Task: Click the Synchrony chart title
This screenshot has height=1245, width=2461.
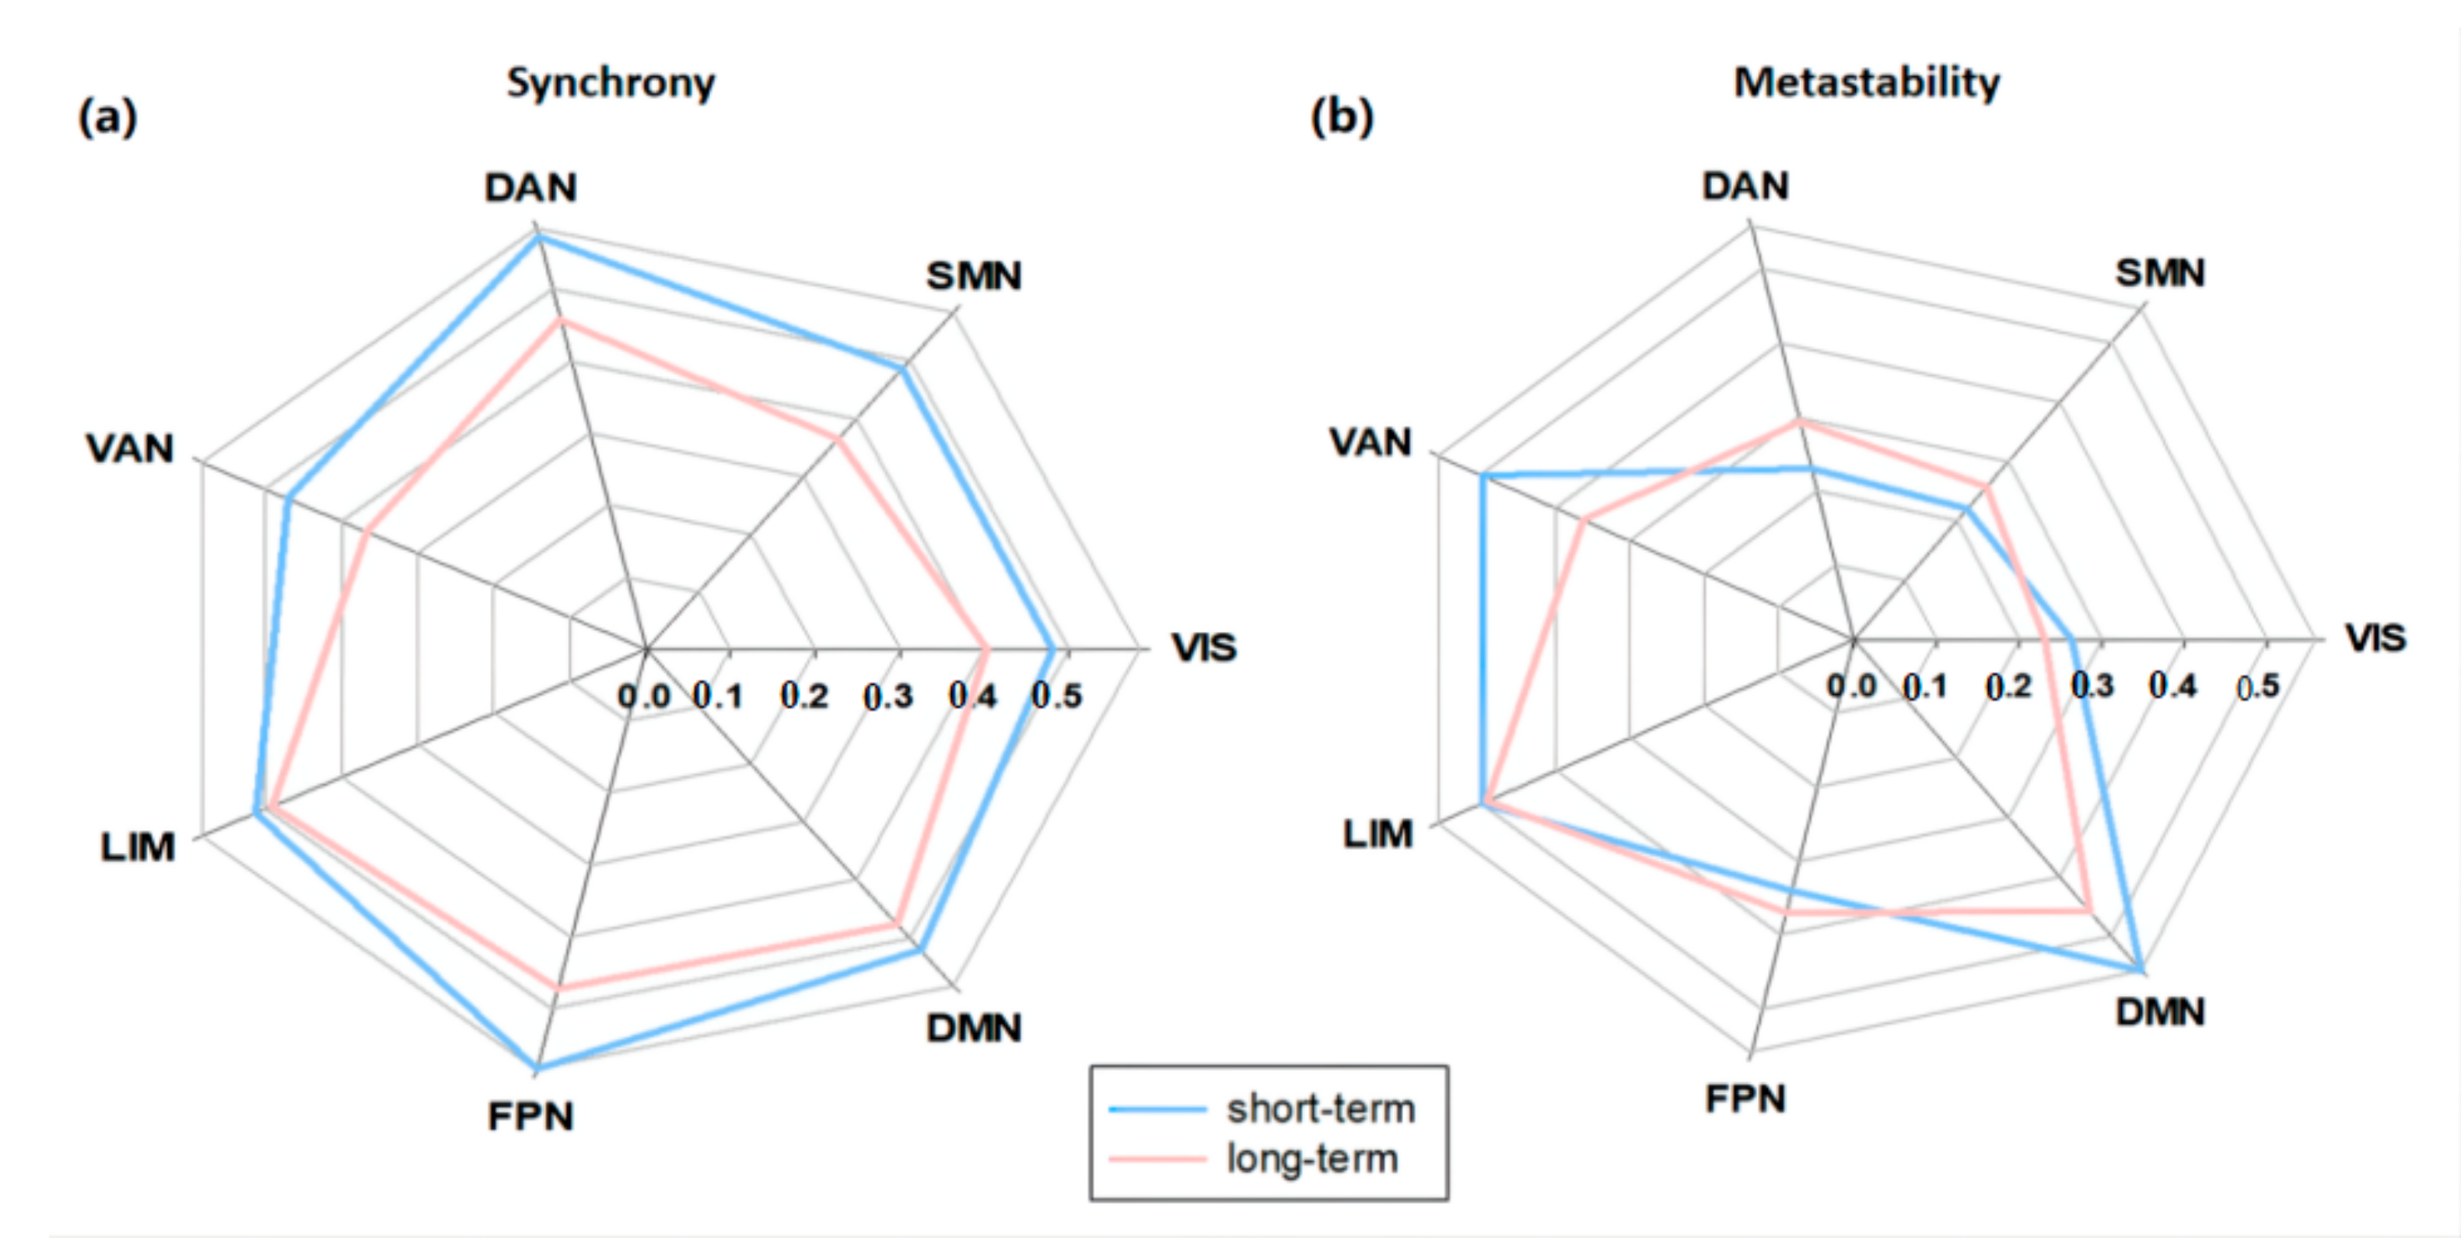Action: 611,83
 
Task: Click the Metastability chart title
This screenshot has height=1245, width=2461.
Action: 1866,82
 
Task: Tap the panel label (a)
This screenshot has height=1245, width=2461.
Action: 108,117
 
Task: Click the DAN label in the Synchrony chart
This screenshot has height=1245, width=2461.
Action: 530,188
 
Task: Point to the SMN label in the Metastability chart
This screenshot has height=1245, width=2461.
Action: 2160,273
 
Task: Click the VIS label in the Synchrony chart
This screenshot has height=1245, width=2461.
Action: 1204,648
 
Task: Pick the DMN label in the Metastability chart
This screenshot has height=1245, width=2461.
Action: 2160,1012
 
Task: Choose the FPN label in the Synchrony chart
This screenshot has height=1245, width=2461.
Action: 530,1116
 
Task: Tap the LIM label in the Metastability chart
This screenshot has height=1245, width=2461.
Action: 1377,834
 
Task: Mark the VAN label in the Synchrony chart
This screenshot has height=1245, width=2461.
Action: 130,448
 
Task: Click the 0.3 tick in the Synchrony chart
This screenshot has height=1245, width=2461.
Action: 887,696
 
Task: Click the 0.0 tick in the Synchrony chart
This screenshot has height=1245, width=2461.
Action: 644,696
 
